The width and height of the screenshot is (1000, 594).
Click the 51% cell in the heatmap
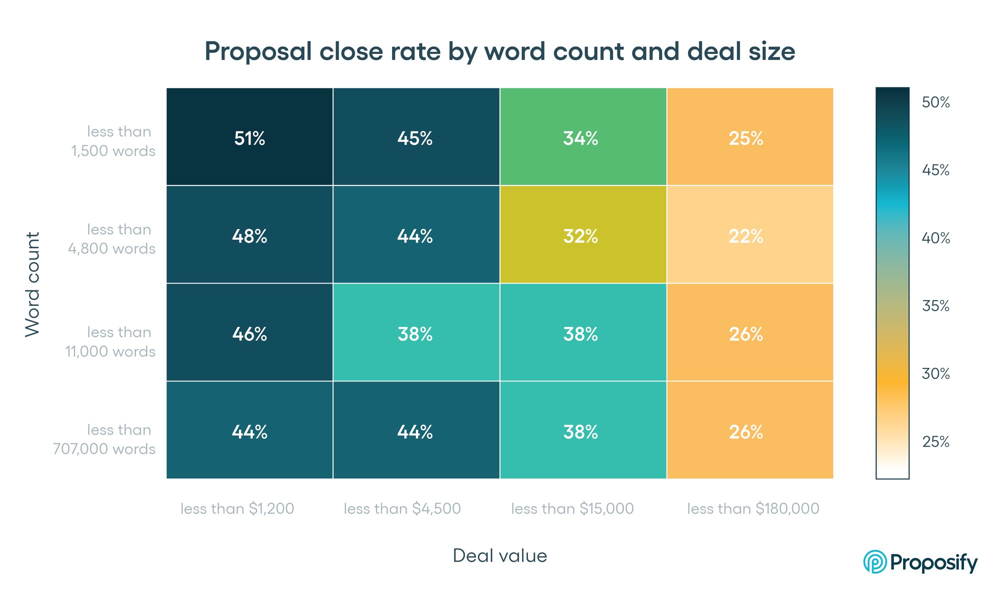point(249,137)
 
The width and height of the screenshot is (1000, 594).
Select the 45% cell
point(415,137)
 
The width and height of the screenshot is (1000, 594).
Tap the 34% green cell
point(581,137)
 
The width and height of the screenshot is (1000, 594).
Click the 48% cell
point(249,235)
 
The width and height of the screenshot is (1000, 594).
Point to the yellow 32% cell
point(581,235)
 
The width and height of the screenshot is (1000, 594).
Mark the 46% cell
point(249,333)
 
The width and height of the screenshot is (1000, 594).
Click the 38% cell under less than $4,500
point(415,333)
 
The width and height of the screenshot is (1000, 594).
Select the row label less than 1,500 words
point(114,141)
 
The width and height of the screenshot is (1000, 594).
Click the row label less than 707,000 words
point(105,439)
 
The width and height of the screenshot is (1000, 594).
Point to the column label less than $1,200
point(237,508)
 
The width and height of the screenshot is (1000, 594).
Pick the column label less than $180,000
point(753,508)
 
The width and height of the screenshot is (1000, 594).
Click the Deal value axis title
point(499,555)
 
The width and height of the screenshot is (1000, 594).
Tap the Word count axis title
point(32,284)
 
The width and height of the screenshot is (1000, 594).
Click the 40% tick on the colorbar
point(935,238)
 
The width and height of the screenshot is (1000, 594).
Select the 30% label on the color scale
point(935,373)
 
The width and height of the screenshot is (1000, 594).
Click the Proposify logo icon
point(875,562)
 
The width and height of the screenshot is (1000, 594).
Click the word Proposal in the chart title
point(258,51)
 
